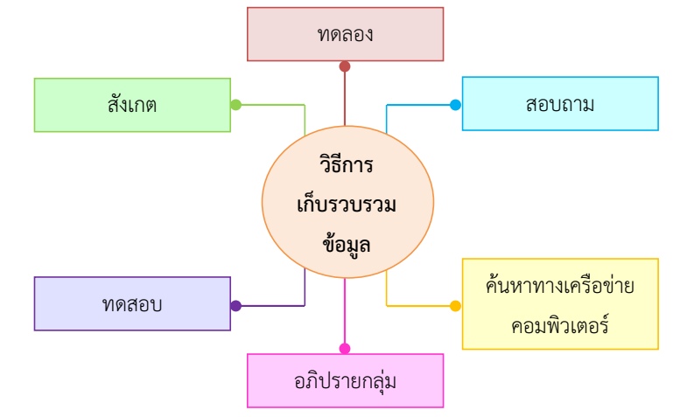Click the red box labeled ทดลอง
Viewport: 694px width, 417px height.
pyautogui.click(x=345, y=34)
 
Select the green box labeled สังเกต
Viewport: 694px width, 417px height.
pyautogui.click(x=132, y=105)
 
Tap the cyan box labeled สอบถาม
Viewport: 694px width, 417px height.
pyautogui.click(x=560, y=104)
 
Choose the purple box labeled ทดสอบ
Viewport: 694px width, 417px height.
pyautogui.click(x=132, y=304)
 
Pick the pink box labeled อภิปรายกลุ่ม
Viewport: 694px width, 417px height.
pyautogui.click(x=345, y=380)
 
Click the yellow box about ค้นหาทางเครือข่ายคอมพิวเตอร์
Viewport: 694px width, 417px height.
pyautogui.click(x=560, y=304)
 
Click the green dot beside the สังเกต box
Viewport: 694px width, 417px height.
pyautogui.click(x=235, y=105)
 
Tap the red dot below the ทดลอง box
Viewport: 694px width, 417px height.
pyautogui.click(x=345, y=66)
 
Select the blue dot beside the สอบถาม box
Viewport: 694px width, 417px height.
pyautogui.click(x=455, y=105)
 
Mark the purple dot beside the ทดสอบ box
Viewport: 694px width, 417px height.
pyautogui.click(x=235, y=306)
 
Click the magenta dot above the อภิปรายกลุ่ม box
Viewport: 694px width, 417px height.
pyautogui.click(x=345, y=349)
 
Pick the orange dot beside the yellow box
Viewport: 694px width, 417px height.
pyautogui.click(x=455, y=306)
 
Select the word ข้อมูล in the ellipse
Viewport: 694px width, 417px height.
pyautogui.click(x=347, y=245)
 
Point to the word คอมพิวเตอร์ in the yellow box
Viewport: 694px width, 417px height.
pyautogui.click(x=560, y=326)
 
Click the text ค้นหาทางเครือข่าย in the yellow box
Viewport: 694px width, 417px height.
pyautogui.click(x=560, y=286)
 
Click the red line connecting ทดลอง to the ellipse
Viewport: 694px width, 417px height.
pyautogui.click(x=345, y=96)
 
